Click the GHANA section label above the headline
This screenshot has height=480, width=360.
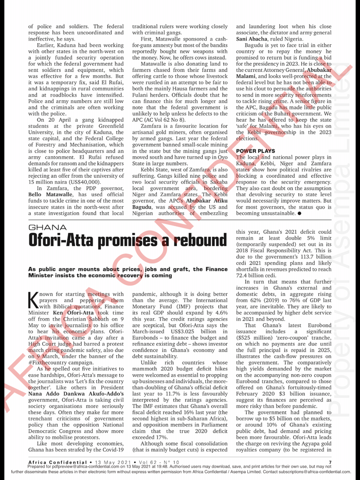pyautogui.click(x=47, y=227)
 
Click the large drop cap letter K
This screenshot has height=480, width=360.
pyautogui.click(x=37, y=299)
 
